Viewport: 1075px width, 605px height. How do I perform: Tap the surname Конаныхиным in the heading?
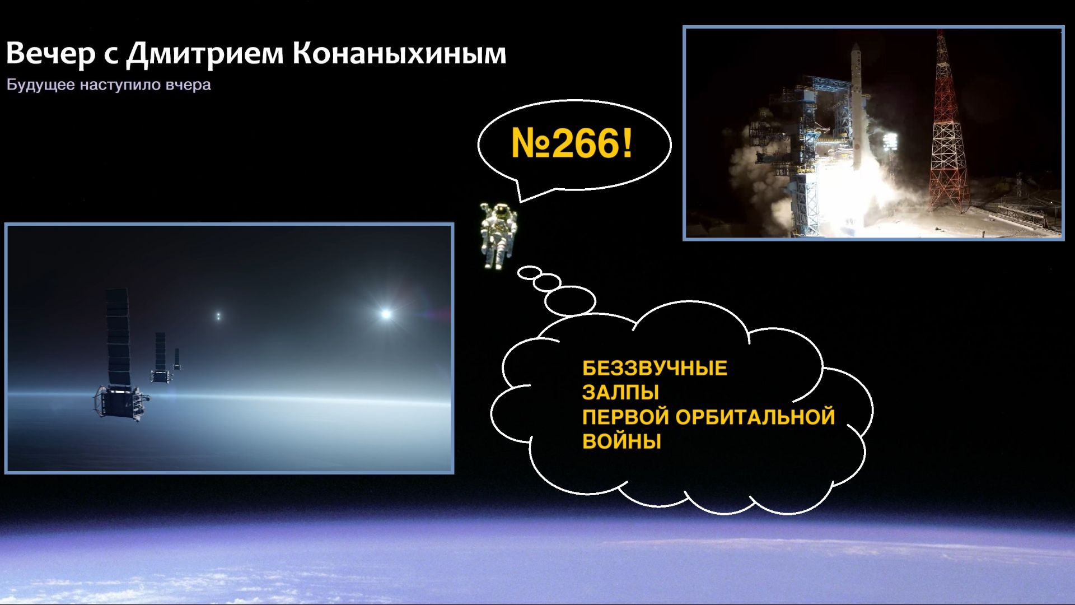pos(399,53)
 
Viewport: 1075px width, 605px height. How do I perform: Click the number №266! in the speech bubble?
pos(572,143)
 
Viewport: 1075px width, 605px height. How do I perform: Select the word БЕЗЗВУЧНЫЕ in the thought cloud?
pos(655,369)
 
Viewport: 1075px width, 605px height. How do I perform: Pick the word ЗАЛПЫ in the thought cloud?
pos(620,392)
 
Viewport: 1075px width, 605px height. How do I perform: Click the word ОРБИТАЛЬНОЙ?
pos(755,417)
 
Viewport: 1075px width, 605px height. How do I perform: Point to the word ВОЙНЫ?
pos(621,441)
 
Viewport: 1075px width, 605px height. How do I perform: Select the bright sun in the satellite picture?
pos(385,314)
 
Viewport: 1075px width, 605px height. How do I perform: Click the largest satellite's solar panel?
pos(118,337)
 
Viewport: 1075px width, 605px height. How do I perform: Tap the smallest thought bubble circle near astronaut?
pos(529,273)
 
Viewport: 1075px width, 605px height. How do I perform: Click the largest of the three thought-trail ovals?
pos(570,301)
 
